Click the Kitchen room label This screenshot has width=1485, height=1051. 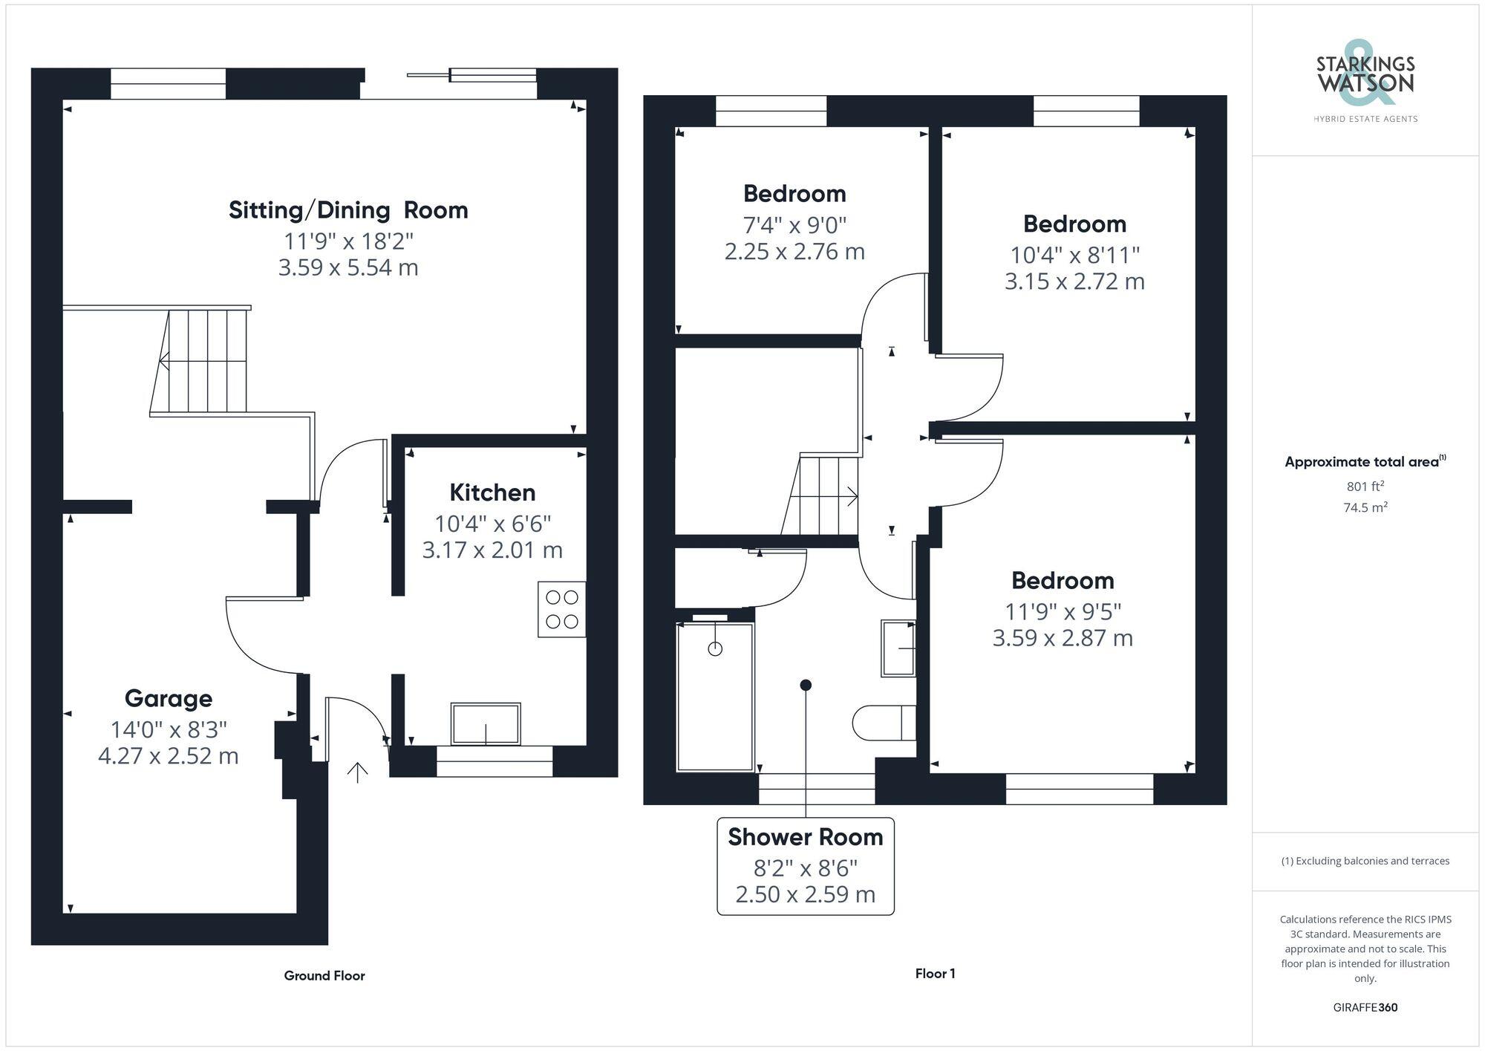pos(492,492)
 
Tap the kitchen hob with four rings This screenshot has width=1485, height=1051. pos(561,609)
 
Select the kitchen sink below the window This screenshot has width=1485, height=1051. pos(486,723)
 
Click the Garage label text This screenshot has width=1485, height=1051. pos(169,698)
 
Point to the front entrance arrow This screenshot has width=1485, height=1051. pos(357,772)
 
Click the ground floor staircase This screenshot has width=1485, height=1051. pos(200,361)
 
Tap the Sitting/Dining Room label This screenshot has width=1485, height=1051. pos(348,210)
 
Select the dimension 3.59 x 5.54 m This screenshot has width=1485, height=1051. pos(348,267)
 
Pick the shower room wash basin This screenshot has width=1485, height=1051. pos(898,648)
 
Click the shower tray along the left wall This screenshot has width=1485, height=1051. pos(715,697)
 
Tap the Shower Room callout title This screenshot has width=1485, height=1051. pos(805,837)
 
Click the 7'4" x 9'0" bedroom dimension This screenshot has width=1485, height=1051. pos(794,224)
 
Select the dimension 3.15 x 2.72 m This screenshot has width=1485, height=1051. pos(1074,282)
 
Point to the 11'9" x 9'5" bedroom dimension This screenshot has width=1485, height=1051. pos(1063,611)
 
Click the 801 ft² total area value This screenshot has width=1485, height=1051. pos(1365,487)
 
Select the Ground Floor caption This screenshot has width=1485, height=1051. pos(324,975)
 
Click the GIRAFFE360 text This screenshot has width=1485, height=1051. pos(1365,1007)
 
